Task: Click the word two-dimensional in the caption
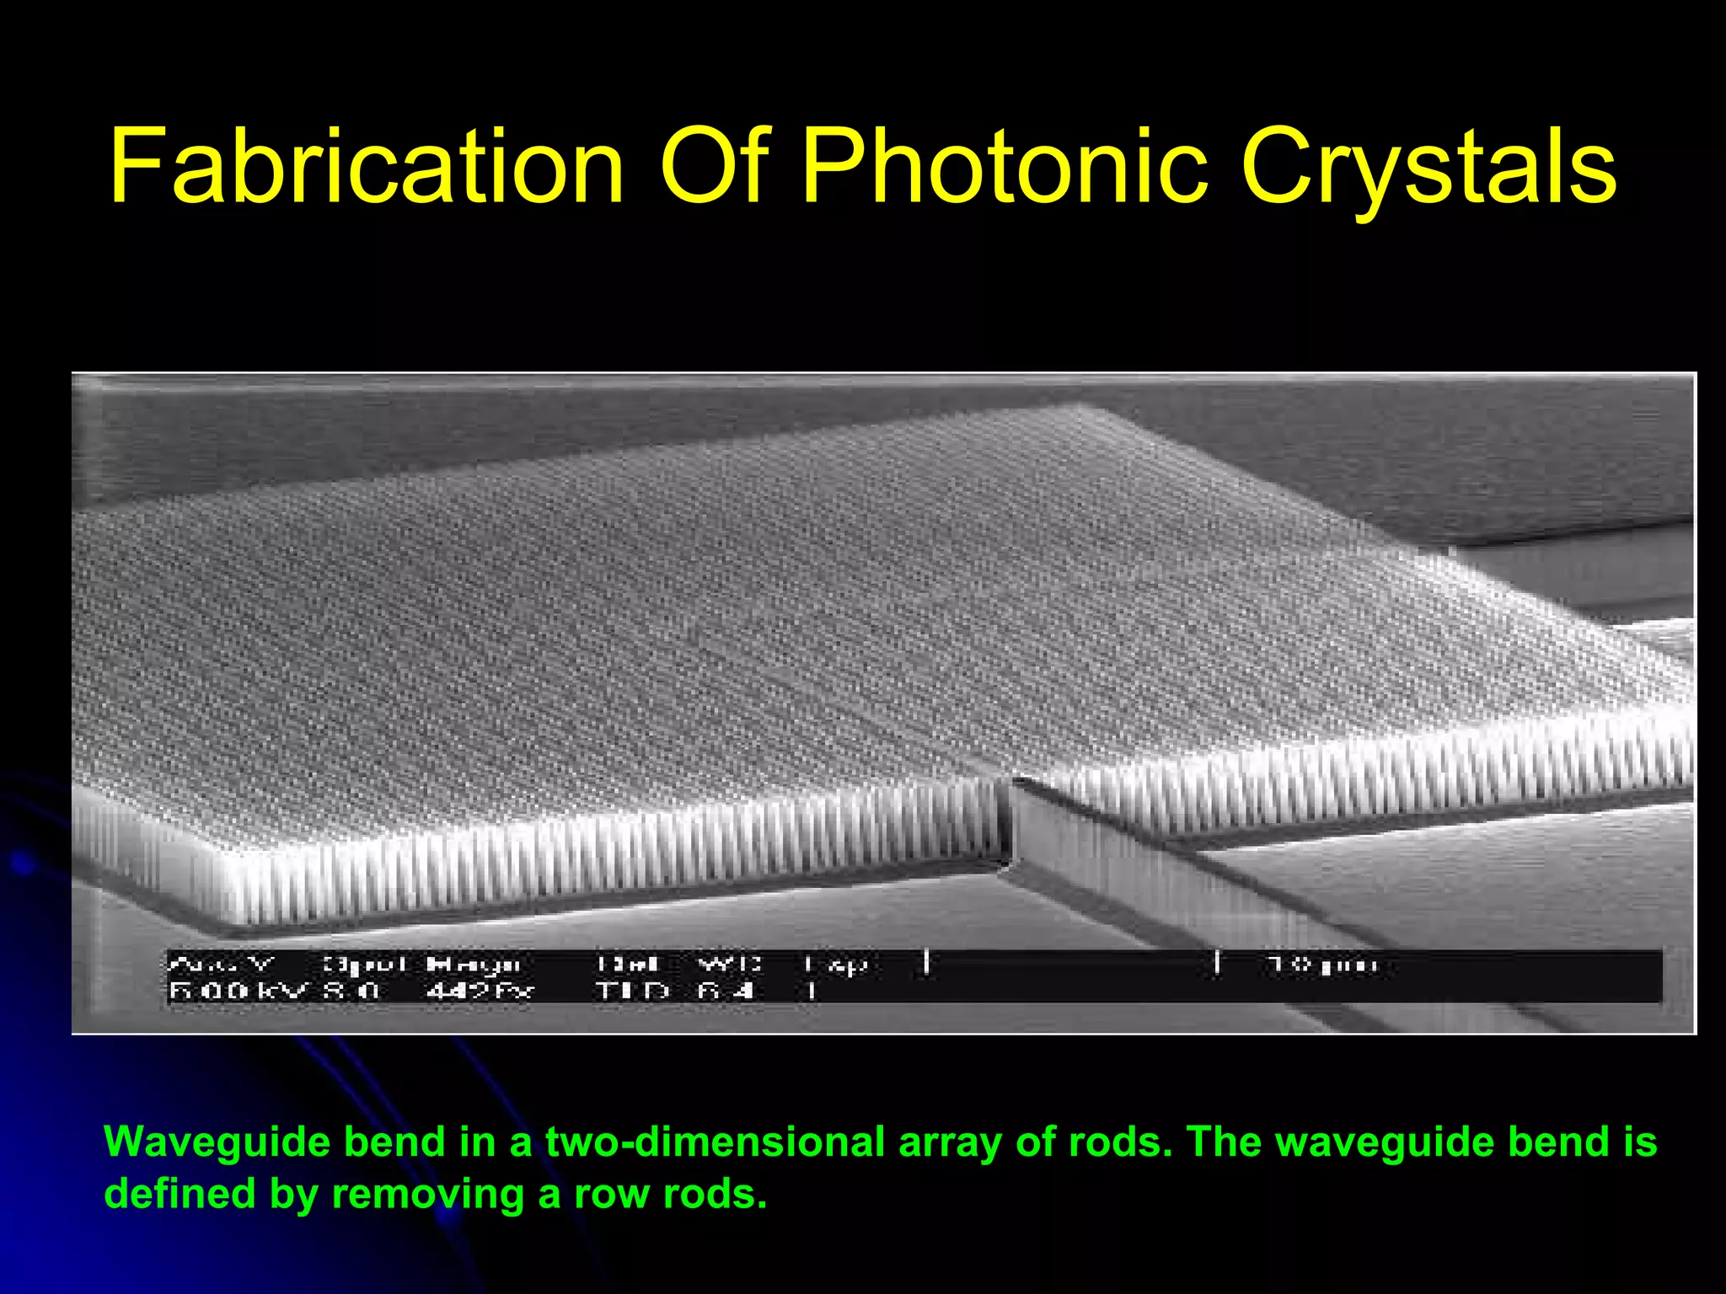tap(715, 1142)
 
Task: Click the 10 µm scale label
tap(1323, 964)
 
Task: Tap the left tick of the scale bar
tap(926, 962)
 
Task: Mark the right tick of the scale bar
tap(1217, 962)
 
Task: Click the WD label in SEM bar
tap(730, 964)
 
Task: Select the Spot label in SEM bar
tap(364, 964)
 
